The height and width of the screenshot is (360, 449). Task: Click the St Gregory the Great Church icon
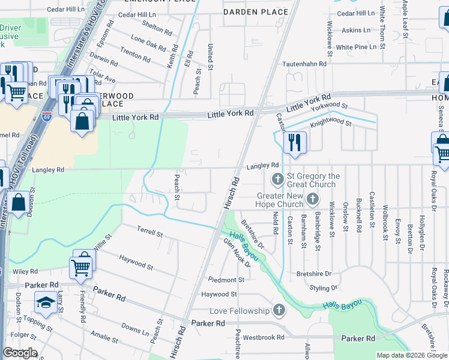click(x=278, y=179)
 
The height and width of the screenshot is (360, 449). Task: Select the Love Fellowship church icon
click(x=278, y=311)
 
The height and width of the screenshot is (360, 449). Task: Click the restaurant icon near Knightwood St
click(x=294, y=143)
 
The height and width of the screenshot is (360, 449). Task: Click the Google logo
click(x=20, y=353)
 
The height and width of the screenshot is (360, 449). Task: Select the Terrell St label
click(x=149, y=232)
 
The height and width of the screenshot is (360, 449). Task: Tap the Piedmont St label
click(x=226, y=280)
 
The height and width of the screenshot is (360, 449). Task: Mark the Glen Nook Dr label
click(x=236, y=251)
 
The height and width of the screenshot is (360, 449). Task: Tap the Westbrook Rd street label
click(x=264, y=337)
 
